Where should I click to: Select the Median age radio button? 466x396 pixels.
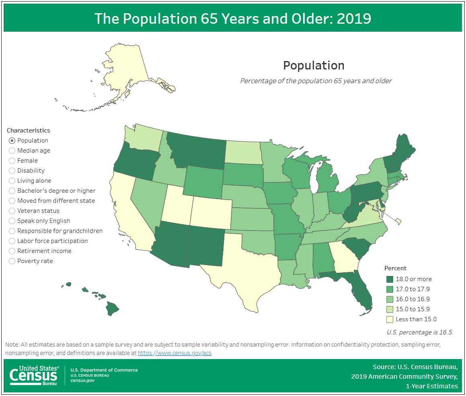pos(12,151)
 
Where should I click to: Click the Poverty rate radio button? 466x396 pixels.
pos(12,261)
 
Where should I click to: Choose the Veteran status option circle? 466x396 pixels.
pos(12,211)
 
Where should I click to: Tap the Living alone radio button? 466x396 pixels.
pos(12,181)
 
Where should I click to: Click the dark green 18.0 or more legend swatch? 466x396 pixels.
pos(389,279)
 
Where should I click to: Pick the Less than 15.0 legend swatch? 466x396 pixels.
pos(389,319)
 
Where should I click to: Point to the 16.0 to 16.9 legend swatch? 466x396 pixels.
pos(389,299)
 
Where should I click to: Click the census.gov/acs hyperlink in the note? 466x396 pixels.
pos(174,353)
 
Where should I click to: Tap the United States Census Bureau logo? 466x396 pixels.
pos(34,376)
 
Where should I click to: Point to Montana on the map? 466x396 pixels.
pos(197,151)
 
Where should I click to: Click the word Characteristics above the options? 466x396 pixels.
pos(28,131)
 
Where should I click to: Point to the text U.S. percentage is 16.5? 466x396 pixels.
pos(420,332)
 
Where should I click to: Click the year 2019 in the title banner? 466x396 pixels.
pos(354,18)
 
